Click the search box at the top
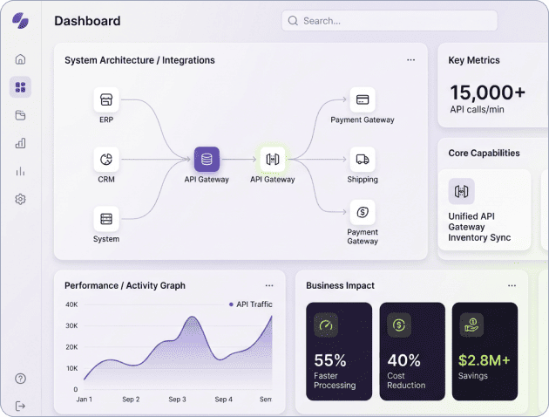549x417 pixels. (x=389, y=21)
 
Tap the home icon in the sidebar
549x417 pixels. (x=21, y=59)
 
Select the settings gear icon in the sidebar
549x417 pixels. (x=21, y=199)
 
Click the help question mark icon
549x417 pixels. (x=21, y=379)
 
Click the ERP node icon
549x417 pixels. (x=106, y=99)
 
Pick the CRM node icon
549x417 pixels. (x=106, y=160)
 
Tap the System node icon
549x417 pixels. (x=106, y=219)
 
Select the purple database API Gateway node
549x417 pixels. (x=207, y=160)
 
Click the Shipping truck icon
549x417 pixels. (x=363, y=160)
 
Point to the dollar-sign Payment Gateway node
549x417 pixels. (x=363, y=212)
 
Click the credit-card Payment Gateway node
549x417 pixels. (x=363, y=99)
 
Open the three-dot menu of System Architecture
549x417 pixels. (x=410, y=60)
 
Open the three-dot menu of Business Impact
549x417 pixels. (x=512, y=285)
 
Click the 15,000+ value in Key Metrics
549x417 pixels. (x=487, y=92)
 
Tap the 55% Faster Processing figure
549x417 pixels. (x=330, y=360)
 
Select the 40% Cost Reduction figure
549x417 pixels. (x=404, y=360)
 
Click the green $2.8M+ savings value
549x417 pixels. (x=484, y=360)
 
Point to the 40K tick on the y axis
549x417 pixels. (x=71, y=304)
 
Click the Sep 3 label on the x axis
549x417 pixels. (x=177, y=400)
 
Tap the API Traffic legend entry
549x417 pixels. (x=254, y=304)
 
